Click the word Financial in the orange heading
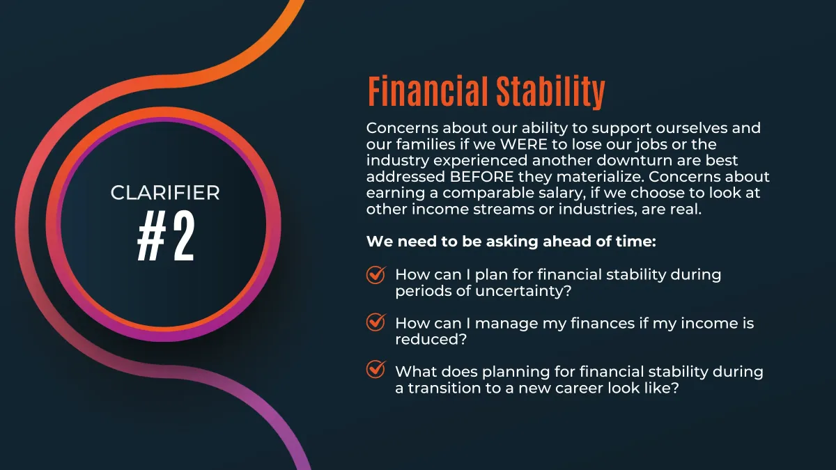pos(428,91)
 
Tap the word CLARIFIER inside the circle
pos(165,193)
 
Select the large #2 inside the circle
pos(166,236)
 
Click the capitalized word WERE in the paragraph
pos(523,144)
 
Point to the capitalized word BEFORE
pos(481,177)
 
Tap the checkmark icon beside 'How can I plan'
pos(376,275)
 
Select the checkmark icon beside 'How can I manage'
pos(376,322)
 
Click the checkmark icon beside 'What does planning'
pos(376,369)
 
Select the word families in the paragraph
pos(425,144)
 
